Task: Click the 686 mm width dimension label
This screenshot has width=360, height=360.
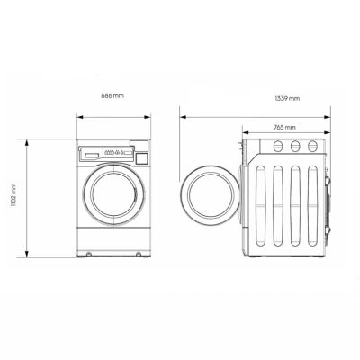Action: click(112, 94)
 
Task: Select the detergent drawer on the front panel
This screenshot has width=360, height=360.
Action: click(90, 155)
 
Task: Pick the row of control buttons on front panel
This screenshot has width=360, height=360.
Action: click(114, 155)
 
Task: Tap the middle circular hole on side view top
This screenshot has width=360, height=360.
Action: click(293, 145)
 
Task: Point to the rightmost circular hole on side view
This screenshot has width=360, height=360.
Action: click(312, 145)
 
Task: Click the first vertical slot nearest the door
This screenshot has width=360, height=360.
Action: click(260, 202)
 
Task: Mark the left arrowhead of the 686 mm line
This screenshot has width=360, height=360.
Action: click(78, 115)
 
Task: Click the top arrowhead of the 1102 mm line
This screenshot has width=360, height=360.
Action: click(27, 141)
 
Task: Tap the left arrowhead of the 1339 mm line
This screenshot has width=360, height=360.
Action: click(181, 115)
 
